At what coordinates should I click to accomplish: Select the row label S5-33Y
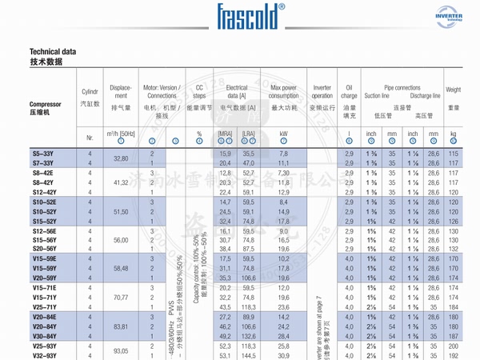[x=42, y=153]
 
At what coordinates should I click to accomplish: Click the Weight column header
[x=454, y=92]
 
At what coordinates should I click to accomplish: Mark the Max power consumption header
[x=284, y=91]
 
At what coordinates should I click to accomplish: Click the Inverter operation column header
[x=322, y=91]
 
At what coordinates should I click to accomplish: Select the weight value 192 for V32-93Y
[x=454, y=354]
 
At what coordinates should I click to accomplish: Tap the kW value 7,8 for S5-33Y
[x=283, y=153]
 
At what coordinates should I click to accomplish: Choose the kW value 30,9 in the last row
[x=283, y=354]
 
